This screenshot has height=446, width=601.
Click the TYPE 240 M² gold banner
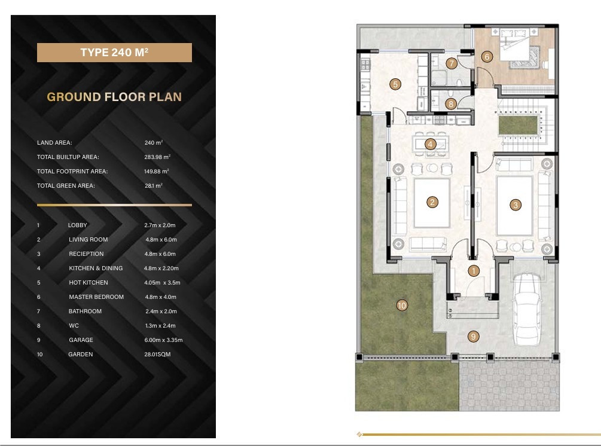[x=114, y=53]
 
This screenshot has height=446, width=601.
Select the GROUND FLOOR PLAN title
[x=114, y=97]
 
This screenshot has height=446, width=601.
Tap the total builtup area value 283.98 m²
[x=157, y=157]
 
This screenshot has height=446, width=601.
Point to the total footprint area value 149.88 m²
[x=157, y=171]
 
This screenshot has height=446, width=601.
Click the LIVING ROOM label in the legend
[x=88, y=240]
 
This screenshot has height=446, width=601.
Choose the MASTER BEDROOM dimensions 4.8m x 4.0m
[x=161, y=297]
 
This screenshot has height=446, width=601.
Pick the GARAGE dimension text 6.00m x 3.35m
[x=163, y=340]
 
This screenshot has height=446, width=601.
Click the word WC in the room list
[x=74, y=326]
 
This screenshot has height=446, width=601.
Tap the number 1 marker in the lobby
[x=474, y=271]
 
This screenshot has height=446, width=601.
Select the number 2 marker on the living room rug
[x=432, y=202]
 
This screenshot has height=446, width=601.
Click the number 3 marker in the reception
[x=515, y=205]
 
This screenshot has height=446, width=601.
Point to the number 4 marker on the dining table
[x=430, y=144]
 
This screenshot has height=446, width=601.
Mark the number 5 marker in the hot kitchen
[x=395, y=84]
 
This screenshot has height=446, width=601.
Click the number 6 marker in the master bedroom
[x=487, y=57]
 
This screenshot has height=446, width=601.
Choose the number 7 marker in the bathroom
[x=451, y=63]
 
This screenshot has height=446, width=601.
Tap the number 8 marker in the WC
[x=451, y=103]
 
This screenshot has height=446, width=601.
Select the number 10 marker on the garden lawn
[x=402, y=306]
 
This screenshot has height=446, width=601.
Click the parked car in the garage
[x=528, y=309]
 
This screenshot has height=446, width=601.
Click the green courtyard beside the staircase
[x=518, y=126]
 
